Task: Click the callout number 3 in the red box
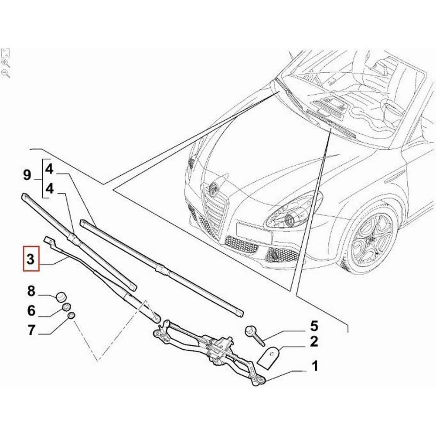(x=31, y=259)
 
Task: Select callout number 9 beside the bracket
(x=27, y=176)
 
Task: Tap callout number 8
(x=31, y=290)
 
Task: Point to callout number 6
(x=31, y=310)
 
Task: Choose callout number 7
(x=31, y=330)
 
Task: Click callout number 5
(x=314, y=326)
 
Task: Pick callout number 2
(x=314, y=342)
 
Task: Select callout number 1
(x=314, y=366)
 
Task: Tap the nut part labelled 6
(x=67, y=307)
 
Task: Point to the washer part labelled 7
(x=72, y=316)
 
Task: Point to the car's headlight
(x=290, y=211)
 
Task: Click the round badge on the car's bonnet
(x=214, y=188)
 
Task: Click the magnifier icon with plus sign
(x=6, y=63)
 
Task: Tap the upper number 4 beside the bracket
(x=49, y=168)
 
